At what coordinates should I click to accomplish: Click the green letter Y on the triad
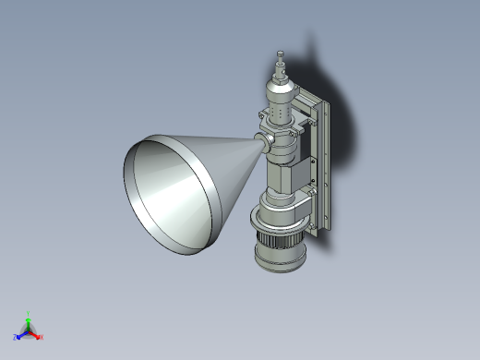pos(29,313)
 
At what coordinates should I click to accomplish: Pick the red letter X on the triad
pos(42,337)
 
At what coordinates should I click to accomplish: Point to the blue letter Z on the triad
pos(16,337)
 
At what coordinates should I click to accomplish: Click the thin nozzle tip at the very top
pos(281,56)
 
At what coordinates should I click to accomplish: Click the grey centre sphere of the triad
pos(29,330)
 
